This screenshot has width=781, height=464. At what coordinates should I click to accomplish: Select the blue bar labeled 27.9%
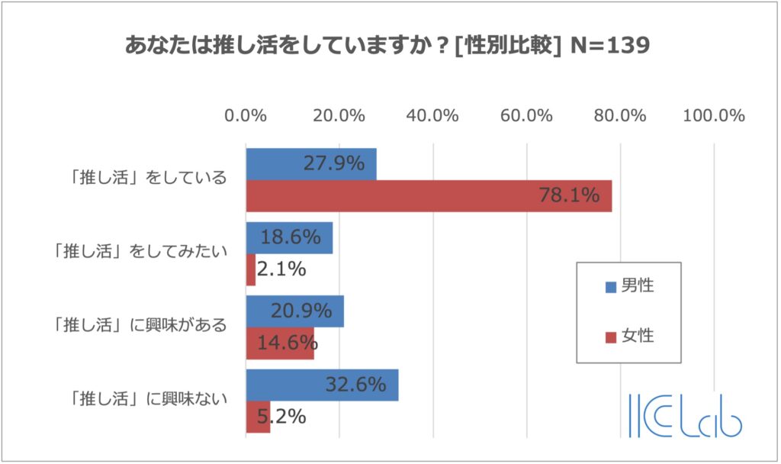(310, 164)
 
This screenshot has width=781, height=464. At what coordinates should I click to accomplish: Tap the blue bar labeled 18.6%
(289, 237)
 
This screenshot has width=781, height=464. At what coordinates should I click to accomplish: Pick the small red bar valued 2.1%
(250, 269)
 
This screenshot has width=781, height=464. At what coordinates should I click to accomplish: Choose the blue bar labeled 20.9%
(294, 311)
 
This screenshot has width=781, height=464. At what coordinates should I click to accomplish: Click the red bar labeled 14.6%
(280, 343)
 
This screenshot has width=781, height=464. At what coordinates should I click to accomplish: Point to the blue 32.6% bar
(322, 385)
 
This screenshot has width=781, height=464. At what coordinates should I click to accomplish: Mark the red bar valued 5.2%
(258, 417)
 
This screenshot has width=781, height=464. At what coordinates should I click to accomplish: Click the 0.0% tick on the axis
(246, 116)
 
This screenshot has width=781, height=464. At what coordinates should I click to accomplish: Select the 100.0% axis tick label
(714, 116)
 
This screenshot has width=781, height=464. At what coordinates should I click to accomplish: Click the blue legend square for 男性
(610, 288)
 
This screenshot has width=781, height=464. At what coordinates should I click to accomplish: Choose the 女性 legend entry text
(638, 336)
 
